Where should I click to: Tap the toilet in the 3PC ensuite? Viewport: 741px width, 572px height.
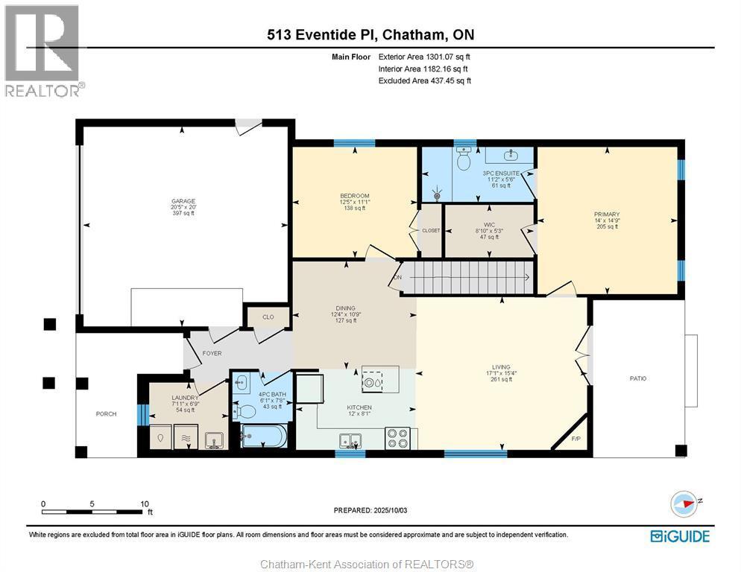point(463,160)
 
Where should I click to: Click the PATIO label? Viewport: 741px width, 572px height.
point(637,378)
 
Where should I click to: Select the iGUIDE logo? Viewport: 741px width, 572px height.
point(679,536)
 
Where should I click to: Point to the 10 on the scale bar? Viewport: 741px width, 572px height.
point(145,503)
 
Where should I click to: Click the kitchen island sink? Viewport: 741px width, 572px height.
point(372,383)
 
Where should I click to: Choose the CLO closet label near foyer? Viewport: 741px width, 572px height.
point(268,317)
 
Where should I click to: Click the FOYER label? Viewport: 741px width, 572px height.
point(212,353)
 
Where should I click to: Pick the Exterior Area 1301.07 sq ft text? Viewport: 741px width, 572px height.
point(424,57)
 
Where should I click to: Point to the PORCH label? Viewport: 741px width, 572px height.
point(106,414)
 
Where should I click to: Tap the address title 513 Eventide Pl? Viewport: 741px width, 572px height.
point(370,35)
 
